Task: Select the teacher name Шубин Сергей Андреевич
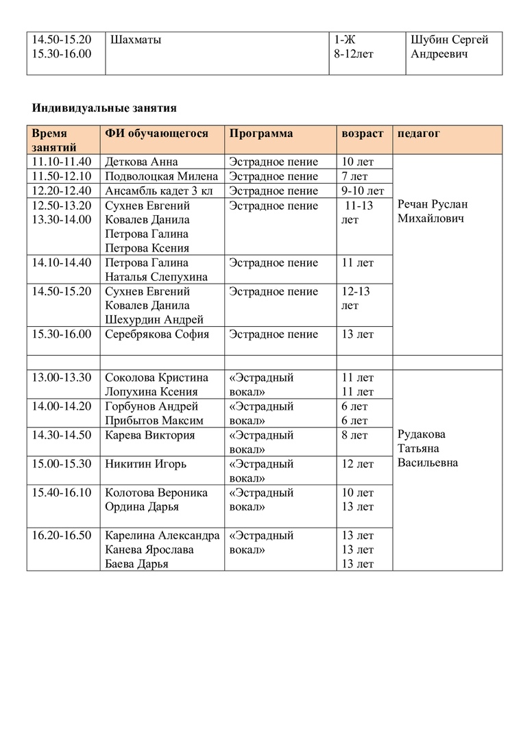449,47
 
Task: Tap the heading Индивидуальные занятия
104,108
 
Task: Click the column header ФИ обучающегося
156,134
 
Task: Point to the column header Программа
261,134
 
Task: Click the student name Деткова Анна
141,162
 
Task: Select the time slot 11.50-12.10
62,176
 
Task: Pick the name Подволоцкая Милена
162,176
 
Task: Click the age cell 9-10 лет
363,190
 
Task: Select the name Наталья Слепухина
157,277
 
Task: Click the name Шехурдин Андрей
154,320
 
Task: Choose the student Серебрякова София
157,334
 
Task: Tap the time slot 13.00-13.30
62,378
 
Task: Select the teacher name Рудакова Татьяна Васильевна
428,449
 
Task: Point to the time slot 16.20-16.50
62,535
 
